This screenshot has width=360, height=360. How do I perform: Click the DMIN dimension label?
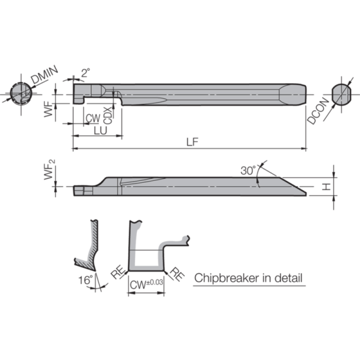(x=44, y=74)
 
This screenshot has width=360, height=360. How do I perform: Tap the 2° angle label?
(x=85, y=73)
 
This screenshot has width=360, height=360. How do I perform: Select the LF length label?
(x=192, y=142)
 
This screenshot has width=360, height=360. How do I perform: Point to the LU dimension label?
(x=100, y=130)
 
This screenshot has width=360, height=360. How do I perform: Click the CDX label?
(x=108, y=116)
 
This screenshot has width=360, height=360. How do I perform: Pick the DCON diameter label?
(x=318, y=111)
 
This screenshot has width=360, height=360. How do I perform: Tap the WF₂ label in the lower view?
(x=49, y=170)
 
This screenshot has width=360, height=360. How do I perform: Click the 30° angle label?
(x=248, y=171)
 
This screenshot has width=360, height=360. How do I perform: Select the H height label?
(x=326, y=186)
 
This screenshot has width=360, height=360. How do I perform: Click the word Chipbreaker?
(x=227, y=278)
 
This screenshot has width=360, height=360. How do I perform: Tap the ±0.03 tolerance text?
(x=154, y=282)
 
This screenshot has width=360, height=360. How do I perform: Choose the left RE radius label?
(x=118, y=272)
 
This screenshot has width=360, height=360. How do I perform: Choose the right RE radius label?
(x=177, y=274)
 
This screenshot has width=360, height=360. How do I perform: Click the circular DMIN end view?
(x=21, y=94)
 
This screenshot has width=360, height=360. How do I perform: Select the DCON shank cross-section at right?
(x=342, y=94)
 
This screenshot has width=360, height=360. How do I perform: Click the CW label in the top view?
(x=93, y=118)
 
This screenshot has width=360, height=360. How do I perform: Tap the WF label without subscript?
(x=49, y=110)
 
